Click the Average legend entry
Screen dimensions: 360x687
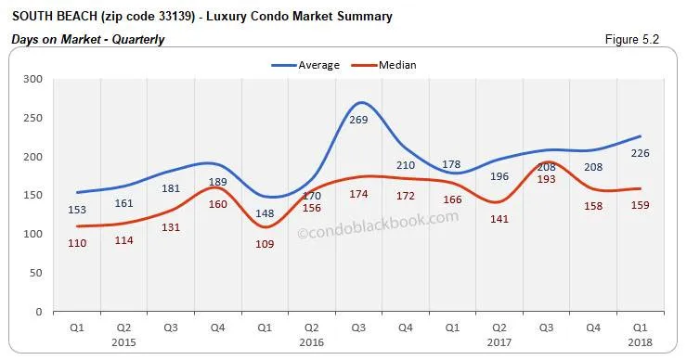pos(305,65)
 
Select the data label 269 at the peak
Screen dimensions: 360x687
pos(358,122)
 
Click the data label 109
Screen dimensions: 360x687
pos(265,244)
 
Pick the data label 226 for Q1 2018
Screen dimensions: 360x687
pos(640,154)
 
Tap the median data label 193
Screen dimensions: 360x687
pos(546,179)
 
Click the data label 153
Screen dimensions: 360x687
pos(76,210)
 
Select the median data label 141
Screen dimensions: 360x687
pos(499,220)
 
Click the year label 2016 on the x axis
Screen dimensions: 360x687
pos(312,341)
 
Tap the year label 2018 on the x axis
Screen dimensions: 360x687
pos(640,341)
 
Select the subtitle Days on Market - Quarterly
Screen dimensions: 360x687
pos(88,39)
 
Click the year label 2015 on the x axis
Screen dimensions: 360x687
pos(123,341)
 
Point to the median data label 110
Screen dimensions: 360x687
pos(76,243)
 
